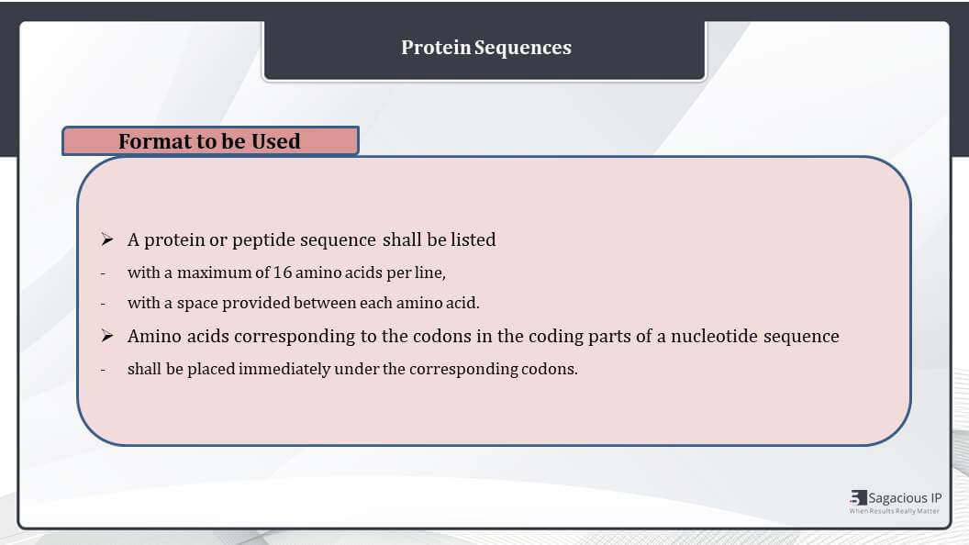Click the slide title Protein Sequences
click(486, 48)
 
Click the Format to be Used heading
click(209, 141)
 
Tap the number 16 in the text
click(283, 272)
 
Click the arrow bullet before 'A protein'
click(107, 239)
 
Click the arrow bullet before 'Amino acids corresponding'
click(107, 336)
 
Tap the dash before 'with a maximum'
click(103, 273)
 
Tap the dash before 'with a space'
click(103, 304)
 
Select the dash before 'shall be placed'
click(103, 370)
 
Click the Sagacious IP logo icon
click(858, 497)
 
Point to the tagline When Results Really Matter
click(895, 511)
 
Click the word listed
click(473, 239)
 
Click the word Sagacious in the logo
click(897, 498)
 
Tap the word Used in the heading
click(275, 141)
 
